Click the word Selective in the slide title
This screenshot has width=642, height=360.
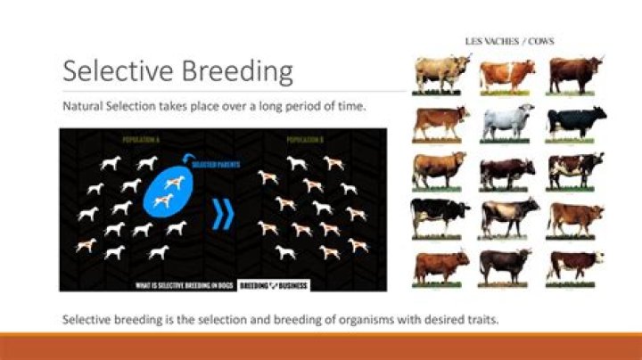pos(111,70)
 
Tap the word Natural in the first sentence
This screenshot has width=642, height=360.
pos(84,106)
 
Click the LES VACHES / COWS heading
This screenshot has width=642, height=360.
pos(507,41)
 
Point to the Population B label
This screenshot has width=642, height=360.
pos(306,140)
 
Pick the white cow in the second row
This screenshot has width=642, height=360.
pos(506,121)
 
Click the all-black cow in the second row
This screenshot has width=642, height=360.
pos(575,121)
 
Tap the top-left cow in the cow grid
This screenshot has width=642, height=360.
pos(440,73)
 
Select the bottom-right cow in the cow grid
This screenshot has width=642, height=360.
pos(575,264)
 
